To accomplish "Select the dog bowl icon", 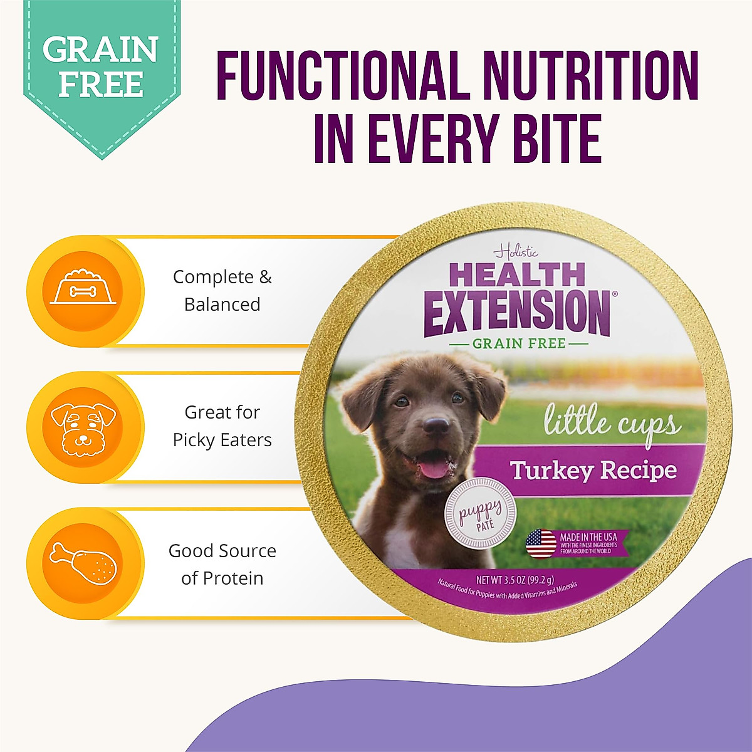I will point(83,290).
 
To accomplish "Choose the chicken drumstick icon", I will point(83,563).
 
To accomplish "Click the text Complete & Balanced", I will point(222,290).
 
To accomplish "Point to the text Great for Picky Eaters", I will point(222,426).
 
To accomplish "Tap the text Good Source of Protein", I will point(222,564).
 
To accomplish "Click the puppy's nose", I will point(435,426).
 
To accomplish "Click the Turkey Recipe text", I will point(593,470).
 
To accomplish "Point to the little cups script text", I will point(611,423).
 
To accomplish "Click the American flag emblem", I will point(541,543).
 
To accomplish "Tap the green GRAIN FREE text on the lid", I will point(519,343).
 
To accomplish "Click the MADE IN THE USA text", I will point(588,537).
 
